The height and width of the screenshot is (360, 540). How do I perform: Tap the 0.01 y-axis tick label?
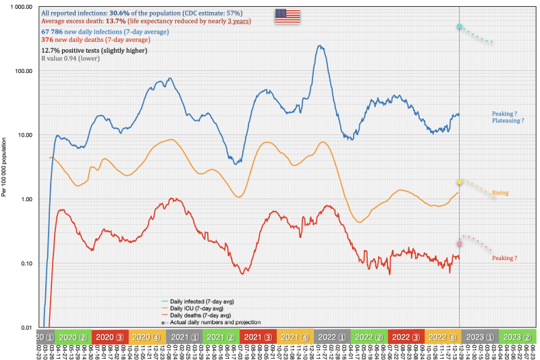click(27, 328)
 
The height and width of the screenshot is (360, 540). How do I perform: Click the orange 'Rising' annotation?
click(500, 193)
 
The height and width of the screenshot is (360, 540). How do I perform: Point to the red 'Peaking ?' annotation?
click(504, 258)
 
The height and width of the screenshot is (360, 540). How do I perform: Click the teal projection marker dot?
click(459, 26)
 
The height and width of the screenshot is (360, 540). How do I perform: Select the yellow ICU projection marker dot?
click(460, 182)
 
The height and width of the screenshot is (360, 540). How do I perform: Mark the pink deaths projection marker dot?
click(460, 244)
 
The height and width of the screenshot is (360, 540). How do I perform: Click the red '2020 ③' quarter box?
click(109, 336)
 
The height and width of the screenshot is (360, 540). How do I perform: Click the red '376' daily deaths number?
click(47, 40)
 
